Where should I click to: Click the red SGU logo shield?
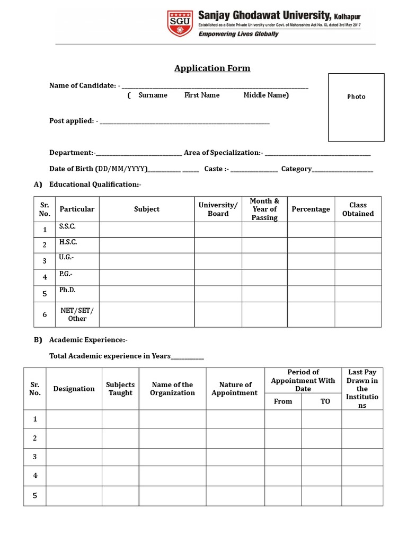tap(180, 23)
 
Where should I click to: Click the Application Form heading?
tap(213, 68)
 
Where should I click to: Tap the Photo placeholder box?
tap(356, 108)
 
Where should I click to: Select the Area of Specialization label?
tap(223, 153)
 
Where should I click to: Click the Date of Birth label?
tap(98, 169)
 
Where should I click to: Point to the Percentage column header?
tap(311, 209)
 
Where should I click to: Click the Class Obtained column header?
tap(358, 209)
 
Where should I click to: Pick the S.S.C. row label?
tap(67, 226)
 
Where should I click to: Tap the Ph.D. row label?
tap(67, 291)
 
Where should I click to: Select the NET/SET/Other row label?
tap(77, 314)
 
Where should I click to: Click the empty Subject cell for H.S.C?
tap(147, 245)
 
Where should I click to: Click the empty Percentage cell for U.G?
tap(311, 261)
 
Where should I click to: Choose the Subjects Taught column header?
tap(120, 389)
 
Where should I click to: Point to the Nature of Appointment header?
tap(234, 389)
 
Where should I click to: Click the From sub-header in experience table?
tap(283, 401)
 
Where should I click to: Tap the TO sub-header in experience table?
tap(325, 401)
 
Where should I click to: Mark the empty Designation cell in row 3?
tap(74, 457)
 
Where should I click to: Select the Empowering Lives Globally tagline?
tap(238, 34)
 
